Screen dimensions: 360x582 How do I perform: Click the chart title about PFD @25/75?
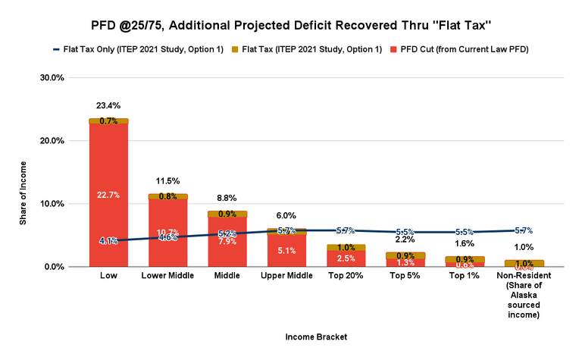point(290,26)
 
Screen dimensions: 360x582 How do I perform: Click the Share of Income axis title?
point(23,172)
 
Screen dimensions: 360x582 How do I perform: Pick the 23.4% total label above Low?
point(108,105)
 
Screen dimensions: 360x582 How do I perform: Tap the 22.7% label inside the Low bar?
point(108,195)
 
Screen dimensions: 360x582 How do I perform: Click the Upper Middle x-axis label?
point(288,276)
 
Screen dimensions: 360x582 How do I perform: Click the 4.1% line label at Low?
point(108,241)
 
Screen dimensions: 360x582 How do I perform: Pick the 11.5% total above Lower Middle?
point(168,181)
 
